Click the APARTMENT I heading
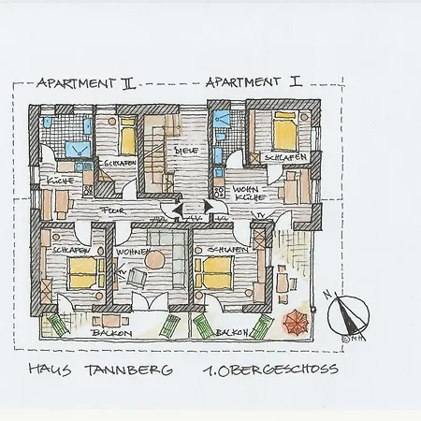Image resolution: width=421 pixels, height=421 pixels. (251, 82)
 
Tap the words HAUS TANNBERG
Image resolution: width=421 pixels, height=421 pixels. (101, 371)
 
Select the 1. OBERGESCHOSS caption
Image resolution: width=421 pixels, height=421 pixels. (269, 371)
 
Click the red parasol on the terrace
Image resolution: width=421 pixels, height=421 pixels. (293, 324)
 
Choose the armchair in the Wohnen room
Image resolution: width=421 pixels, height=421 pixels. (139, 278)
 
